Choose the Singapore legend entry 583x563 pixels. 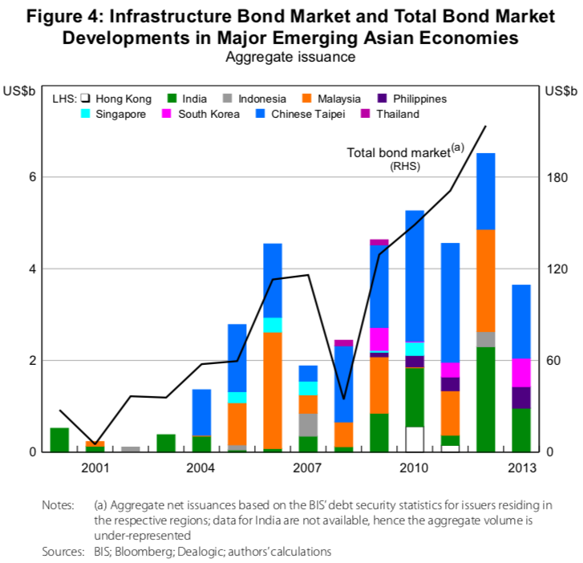(120, 114)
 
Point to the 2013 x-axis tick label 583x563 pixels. (520, 468)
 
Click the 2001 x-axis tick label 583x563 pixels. (95, 468)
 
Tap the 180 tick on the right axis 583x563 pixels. (555, 177)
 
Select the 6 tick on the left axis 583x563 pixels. (33, 177)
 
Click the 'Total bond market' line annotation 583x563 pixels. (404, 152)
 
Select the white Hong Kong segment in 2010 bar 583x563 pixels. (414, 439)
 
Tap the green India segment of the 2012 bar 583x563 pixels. (485, 399)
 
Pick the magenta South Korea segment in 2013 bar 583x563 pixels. (520, 372)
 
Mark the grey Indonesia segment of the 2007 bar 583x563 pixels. (307, 424)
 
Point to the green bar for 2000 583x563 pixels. (59, 439)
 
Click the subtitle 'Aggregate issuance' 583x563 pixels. (290, 57)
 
